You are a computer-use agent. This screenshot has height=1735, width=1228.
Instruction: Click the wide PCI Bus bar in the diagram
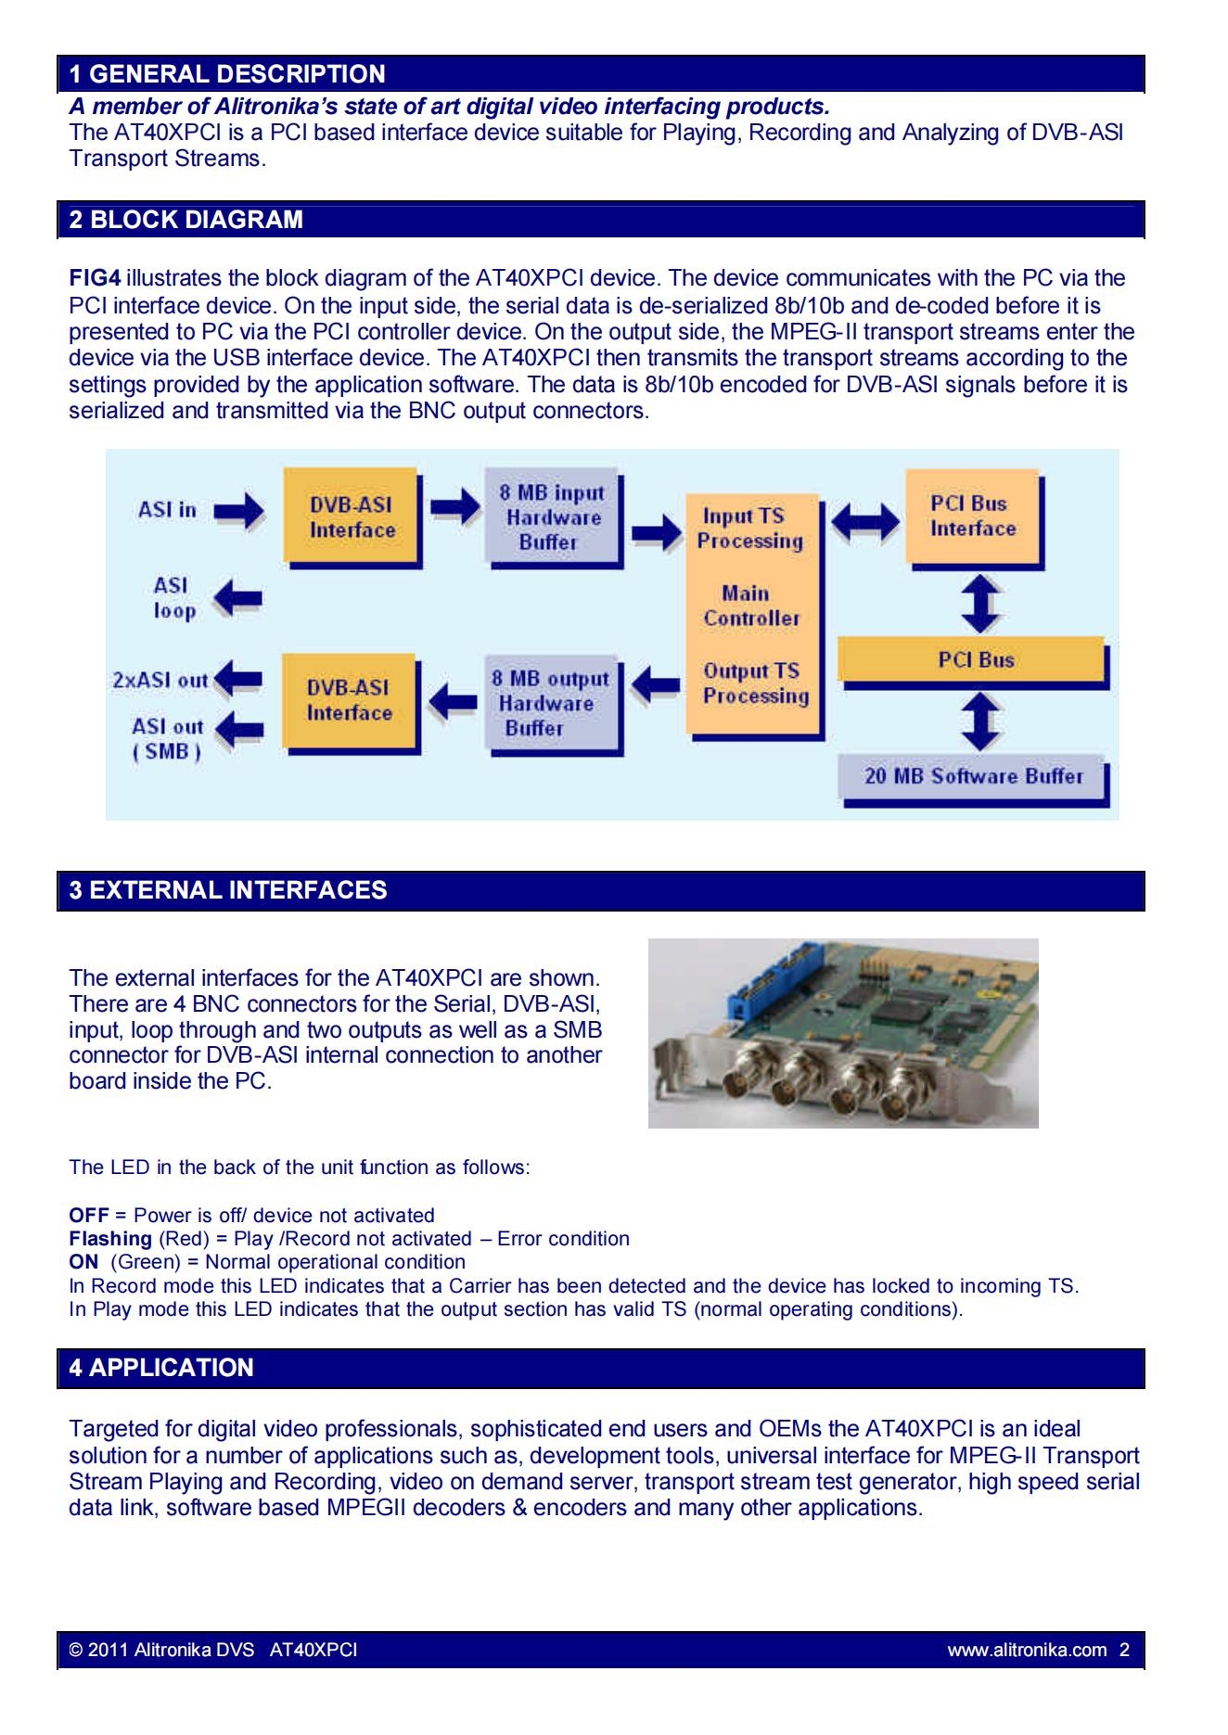[x=974, y=662]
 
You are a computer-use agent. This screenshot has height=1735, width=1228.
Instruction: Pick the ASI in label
[x=168, y=510]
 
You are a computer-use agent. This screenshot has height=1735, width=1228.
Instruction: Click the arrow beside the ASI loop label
[x=237, y=598]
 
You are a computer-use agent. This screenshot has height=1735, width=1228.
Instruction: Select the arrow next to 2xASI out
[x=237, y=680]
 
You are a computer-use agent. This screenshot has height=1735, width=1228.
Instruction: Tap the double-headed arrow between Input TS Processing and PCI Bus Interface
[x=865, y=524]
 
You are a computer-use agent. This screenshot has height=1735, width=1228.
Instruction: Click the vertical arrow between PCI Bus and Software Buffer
[x=980, y=721]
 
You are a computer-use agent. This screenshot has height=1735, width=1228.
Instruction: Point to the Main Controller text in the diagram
[x=750, y=606]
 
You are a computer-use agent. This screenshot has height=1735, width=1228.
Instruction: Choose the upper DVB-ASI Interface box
[x=352, y=517]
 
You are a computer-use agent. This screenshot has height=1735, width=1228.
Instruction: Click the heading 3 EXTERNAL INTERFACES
[x=228, y=890]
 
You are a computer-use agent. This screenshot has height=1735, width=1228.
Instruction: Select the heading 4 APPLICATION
[x=161, y=1368]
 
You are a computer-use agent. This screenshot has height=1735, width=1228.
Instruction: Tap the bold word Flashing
[x=110, y=1239]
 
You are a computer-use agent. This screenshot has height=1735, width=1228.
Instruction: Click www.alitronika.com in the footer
[x=1027, y=1650]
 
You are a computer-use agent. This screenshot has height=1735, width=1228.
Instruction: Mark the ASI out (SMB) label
[x=167, y=739]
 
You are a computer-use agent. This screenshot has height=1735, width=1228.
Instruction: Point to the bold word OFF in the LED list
[x=89, y=1216]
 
